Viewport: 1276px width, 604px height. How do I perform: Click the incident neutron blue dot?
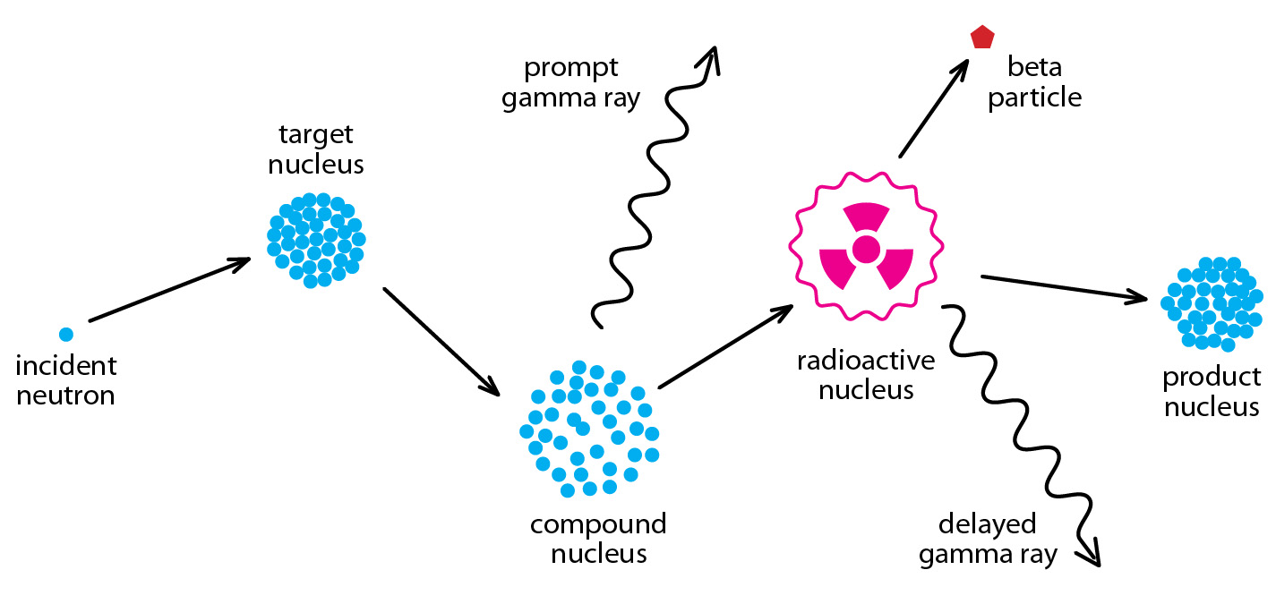point(66,334)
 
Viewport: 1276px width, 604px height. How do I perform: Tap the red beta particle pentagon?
point(982,37)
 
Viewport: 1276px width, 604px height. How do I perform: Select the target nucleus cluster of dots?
point(316,240)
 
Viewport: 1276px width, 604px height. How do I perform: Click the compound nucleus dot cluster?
point(589,429)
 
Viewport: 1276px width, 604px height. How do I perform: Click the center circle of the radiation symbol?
point(866,250)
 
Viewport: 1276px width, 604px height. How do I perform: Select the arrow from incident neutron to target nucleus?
point(170,290)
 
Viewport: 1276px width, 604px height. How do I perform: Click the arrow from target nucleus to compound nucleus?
point(441,342)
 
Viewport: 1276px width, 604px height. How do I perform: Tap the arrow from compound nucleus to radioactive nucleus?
point(725,346)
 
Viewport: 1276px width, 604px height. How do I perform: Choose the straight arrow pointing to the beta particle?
point(934,108)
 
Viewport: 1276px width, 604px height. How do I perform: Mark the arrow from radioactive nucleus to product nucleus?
point(1064,289)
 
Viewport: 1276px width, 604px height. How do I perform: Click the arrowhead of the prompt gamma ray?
point(712,61)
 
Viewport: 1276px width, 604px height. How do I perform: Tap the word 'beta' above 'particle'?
point(1034,66)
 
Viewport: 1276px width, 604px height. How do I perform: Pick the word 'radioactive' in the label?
point(866,361)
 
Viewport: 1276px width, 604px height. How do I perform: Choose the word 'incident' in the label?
point(66,365)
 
